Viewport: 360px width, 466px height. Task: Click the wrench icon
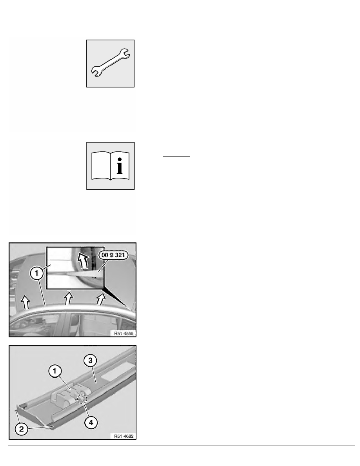point(110,63)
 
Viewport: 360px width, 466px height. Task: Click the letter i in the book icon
point(119,166)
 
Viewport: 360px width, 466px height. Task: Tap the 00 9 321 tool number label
point(113,255)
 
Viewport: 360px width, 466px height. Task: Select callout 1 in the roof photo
point(37,273)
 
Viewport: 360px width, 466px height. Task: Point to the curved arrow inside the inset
point(83,260)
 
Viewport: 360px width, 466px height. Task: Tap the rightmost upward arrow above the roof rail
point(101,299)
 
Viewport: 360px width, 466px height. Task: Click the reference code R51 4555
point(124,333)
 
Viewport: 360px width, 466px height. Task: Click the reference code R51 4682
point(124,436)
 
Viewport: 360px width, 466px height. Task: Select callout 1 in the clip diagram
point(55,371)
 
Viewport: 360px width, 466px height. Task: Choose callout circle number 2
point(22,429)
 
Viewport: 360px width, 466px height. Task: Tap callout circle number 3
point(90,361)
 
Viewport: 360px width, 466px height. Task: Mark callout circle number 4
point(91,422)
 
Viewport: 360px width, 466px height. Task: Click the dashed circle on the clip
point(82,399)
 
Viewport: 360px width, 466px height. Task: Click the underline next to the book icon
point(176,156)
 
